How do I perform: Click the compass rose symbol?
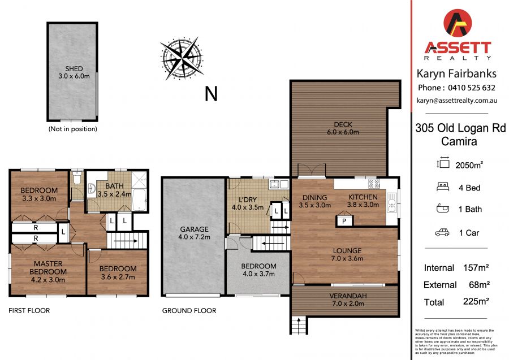182,58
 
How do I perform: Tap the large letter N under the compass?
211,94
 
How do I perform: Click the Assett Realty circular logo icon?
458,24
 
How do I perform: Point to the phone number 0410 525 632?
472,88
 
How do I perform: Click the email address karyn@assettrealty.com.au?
457,101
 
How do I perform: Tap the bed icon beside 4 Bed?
443,187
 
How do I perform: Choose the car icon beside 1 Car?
442,232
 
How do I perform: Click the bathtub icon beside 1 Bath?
443,209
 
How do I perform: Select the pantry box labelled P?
344,220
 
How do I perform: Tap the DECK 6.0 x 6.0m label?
343,128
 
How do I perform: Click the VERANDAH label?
348,296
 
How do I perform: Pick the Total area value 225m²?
476,301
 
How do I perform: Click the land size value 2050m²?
469,165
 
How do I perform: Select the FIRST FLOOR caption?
29,310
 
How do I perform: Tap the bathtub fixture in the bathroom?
140,199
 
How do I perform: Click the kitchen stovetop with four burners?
374,184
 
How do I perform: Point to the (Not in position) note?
73,129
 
